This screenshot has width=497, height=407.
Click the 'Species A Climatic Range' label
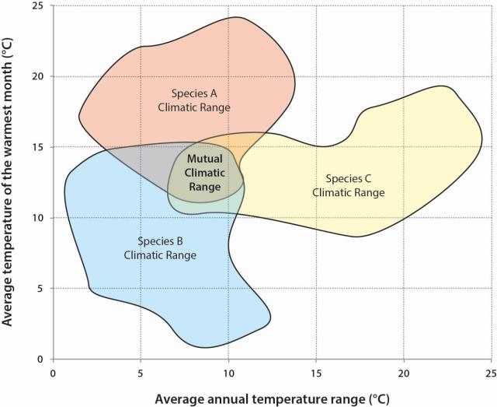click(193, 100)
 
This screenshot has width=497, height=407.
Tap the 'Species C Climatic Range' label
click(349, 185)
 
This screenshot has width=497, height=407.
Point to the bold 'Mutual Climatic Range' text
click(205, 172)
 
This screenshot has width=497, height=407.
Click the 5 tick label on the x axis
click(141, 373)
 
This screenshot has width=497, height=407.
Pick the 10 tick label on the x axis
click(228, 373)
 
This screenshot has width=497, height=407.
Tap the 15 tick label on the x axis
click(316, 373)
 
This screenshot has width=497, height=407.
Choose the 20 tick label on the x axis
click(404, 373)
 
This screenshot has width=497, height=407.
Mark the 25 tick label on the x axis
click(491, 373)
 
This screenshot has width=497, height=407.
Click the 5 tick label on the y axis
click(39, 289)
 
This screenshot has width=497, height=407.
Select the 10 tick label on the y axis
click(36, 218)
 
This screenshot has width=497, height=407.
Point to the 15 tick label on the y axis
click(36, 147)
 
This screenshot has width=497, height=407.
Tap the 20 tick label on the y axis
click(36, 76)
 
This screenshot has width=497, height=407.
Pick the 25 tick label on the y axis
click(36, 6)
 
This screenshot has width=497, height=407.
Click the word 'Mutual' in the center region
click(205, 158)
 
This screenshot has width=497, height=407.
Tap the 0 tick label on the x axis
click(53, 373)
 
